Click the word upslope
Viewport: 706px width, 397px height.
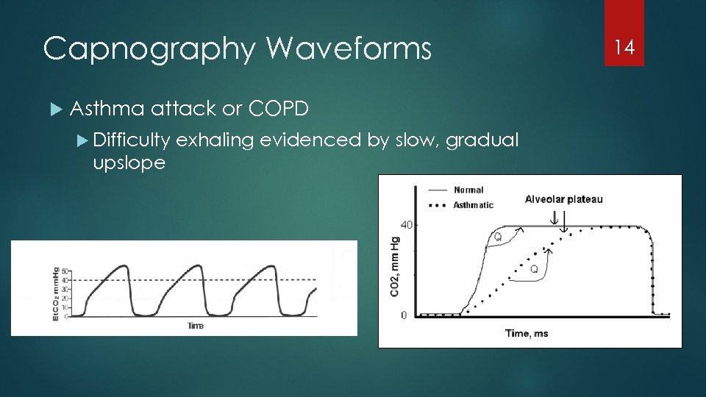tap(129, 162)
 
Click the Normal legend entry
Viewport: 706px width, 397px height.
tap(468, 190)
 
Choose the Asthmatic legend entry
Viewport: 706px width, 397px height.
tap(474, 205)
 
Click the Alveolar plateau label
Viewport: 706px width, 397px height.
tap(563, 199)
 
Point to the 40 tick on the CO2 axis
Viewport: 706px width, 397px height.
tap(404, 225)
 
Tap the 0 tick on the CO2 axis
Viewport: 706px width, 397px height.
tap(403, 315)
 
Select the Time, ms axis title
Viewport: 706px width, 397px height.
tap(526, 333)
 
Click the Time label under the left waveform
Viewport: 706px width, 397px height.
tap(195, 325)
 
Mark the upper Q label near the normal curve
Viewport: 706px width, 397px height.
tap(498, 237)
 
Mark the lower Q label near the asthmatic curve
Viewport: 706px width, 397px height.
tap(534, 269)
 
